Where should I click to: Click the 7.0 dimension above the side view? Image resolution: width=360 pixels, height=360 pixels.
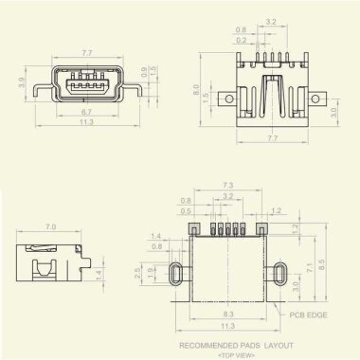click(x=50, y=227)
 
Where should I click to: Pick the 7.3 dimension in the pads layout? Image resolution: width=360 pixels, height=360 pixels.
click(x=228, y=185)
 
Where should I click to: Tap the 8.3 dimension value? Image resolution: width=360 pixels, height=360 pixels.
click(x=227, y=313)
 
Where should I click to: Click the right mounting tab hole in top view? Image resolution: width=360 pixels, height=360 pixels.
click(x=322, y=99)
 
